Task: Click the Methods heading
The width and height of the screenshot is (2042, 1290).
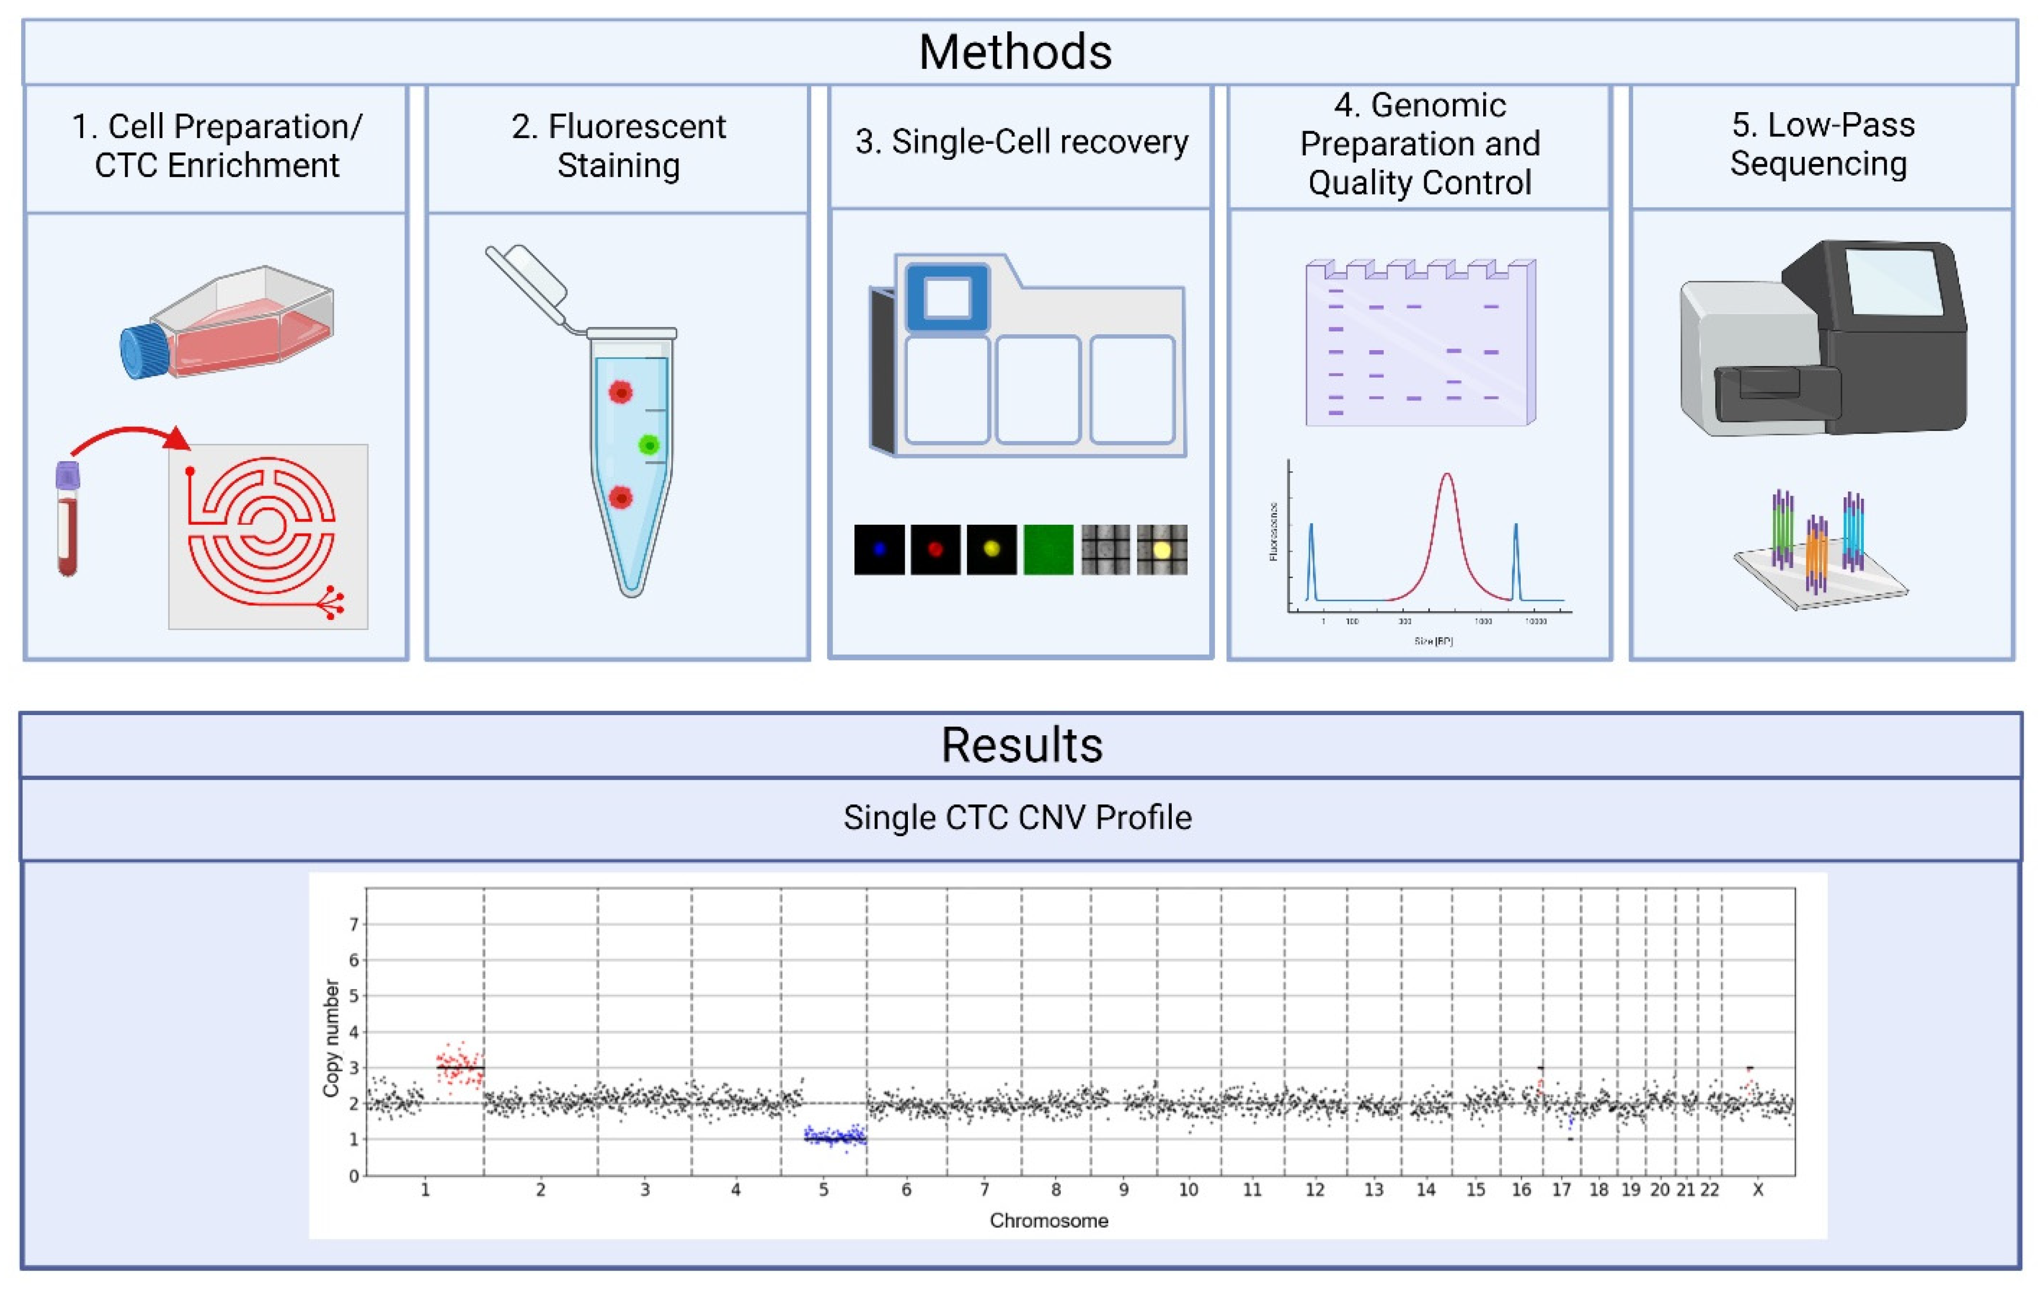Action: click(1015, 52)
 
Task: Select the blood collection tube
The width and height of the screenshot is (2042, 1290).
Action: click(68, 519)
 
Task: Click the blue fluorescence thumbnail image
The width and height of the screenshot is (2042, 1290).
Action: click(879, 550)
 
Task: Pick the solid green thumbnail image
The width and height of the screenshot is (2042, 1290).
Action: click(1048, 550)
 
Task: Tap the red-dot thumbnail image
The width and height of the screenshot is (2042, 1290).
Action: click(935, 550)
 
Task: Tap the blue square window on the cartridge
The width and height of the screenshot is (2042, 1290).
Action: click(947, 298)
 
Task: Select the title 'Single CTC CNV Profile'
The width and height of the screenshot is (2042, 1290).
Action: click(1018, 818)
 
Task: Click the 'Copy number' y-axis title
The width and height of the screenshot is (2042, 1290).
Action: click(330, 1038)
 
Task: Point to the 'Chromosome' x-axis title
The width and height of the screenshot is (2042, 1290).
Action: click(1049, 1221)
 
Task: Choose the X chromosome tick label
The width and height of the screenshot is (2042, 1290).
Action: click(1758, 1190)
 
